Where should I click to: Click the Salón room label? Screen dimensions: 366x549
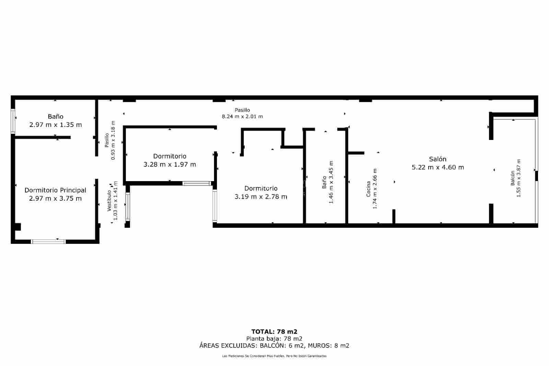coord(437,159)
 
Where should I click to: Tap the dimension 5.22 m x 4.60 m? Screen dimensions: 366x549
coord(437,167)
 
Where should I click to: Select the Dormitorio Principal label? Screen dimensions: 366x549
coord(55,190)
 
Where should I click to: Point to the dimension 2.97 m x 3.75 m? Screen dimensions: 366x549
coord(55,199)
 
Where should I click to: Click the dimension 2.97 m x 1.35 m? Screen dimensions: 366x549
coord(56,125)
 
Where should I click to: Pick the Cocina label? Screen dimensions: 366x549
coord(369,189)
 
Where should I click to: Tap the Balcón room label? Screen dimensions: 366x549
coord(513,178)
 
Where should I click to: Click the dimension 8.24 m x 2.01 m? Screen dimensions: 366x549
coord(242,117)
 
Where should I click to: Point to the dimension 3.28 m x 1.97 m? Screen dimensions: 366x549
coord(170,165)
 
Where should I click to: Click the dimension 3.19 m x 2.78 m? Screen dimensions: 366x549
coord(261,197)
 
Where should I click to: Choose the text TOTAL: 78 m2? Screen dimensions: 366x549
coord(274,332)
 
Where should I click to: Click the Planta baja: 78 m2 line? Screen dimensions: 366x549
coord(274,339)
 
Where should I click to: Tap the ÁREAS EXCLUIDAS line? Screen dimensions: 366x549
coord(274,346)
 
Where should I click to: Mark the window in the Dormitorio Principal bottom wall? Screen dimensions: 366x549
coord(48,241)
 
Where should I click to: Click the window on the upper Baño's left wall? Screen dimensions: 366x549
coord(13,121)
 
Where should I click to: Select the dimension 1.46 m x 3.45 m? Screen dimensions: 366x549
coord(331,182)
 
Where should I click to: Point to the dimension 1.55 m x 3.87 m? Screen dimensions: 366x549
coord(519,178)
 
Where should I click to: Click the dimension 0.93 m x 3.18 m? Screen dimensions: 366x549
coord(113,141)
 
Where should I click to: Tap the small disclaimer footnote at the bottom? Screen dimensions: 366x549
coord(274,356)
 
